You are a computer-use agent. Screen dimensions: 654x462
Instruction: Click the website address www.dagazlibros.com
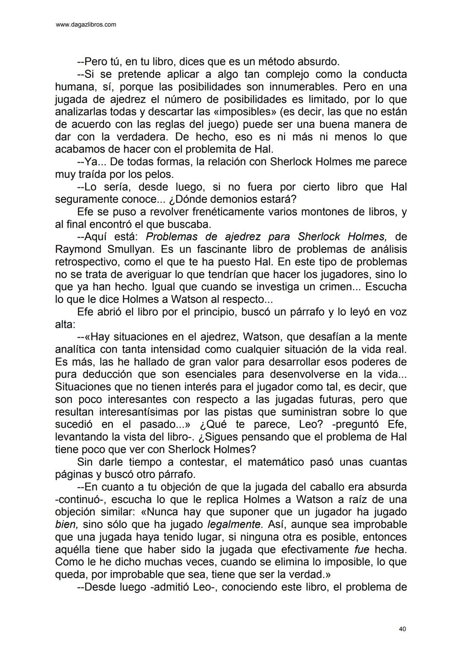(x=86, y=25)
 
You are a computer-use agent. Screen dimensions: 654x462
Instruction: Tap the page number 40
(x=402, y=629)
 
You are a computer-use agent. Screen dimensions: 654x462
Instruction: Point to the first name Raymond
(x=78, y=249)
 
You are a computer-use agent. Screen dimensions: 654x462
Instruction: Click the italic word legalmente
(x=234, y=524)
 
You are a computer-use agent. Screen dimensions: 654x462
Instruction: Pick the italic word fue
(x=362, y=549)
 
